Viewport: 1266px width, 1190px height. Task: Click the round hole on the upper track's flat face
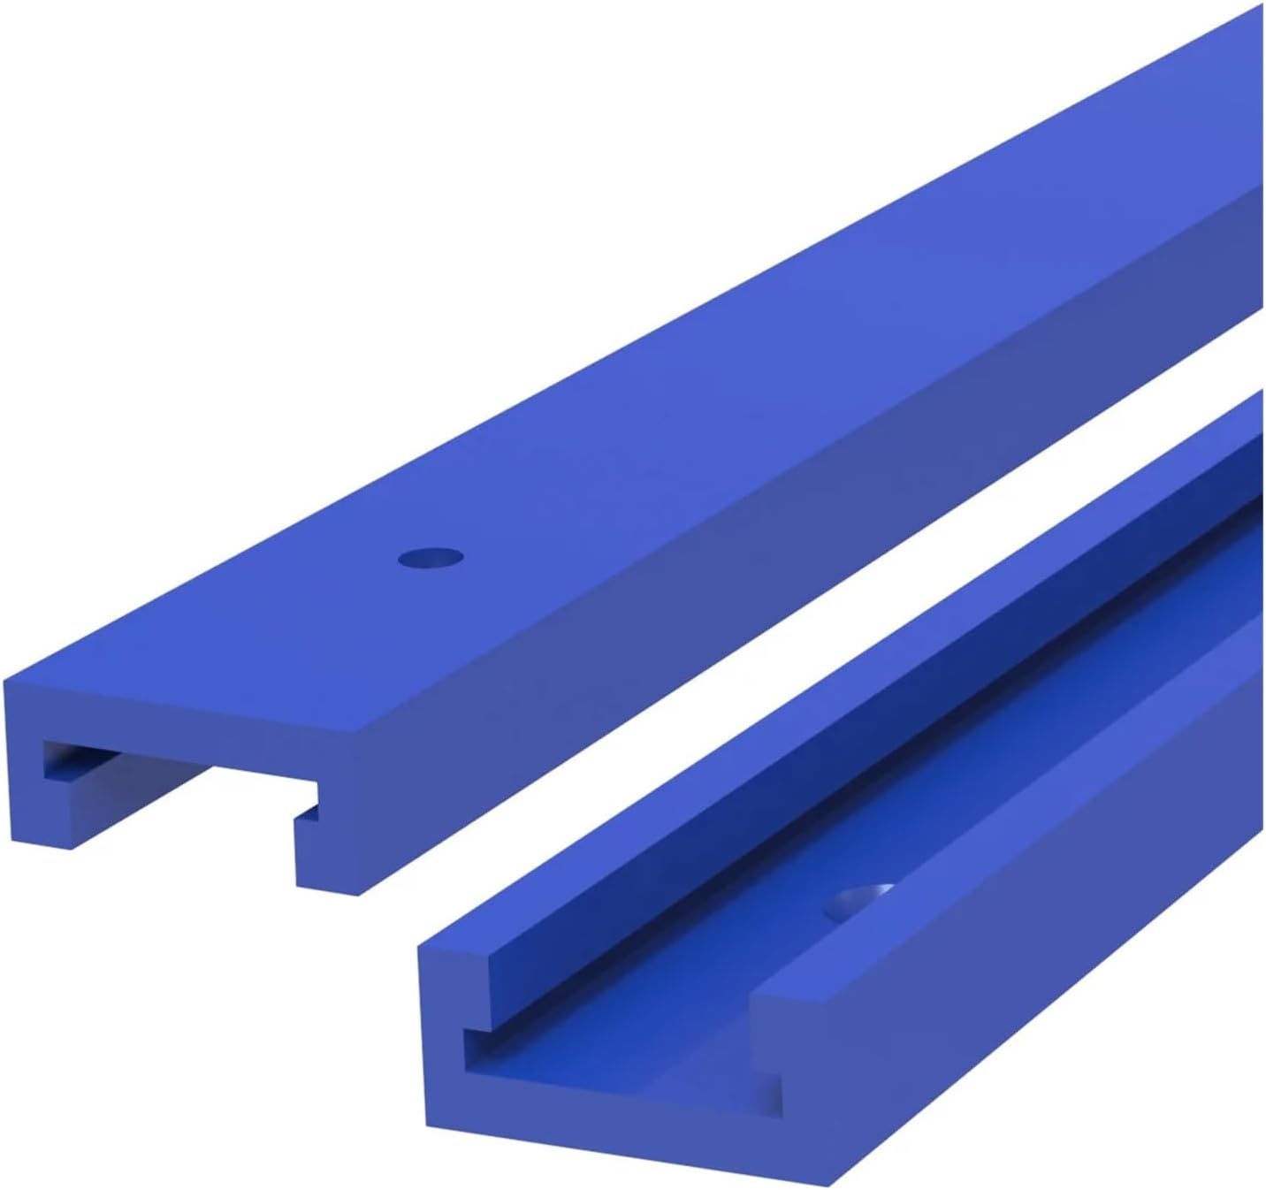431,558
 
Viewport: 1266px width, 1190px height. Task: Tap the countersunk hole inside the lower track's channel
858,900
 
